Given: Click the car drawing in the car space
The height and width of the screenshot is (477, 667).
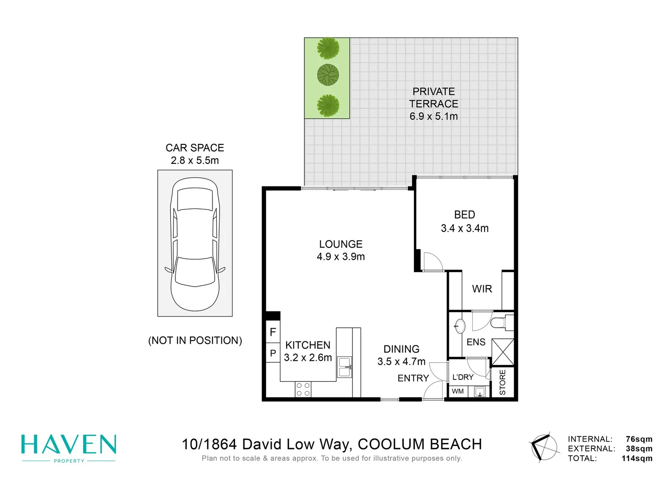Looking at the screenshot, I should pyautogui.click(x=195, y=244).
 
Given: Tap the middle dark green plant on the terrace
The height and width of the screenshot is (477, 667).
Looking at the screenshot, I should pyautogui.click(x=328, y=75).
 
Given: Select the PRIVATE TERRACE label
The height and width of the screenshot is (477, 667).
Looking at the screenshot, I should pyautogui.click(x=433, y=98).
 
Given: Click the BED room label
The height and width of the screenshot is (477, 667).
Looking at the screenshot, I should pyautogui.click(x=464, y=215).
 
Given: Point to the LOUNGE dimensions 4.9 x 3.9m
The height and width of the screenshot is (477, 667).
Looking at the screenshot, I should pyautogui.click(x=341, y=257).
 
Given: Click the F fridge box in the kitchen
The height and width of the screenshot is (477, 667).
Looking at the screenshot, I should pyautogui.click(x=273, y=332).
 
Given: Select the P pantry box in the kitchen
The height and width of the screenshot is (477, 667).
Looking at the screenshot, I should pyautogui.click(x=273, y=353).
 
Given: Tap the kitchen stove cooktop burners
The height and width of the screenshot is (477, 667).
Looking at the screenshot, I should pyautogui.click(x=303, y=390).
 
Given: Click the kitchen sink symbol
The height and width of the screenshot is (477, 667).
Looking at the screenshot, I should pyautogui.click(x=345, y=367).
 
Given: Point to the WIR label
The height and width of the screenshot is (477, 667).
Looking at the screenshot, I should pyautogui.click(x=481, y=289).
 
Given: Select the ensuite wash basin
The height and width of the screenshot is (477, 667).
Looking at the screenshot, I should pyautogui.click(x=460, y=326).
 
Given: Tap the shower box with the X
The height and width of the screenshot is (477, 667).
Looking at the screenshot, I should pyautogui.click(x=503, y=352).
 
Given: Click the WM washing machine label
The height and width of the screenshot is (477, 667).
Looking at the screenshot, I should pyautogui.click(x=458, y=391).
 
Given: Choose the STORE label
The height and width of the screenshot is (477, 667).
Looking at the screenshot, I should pyautogui.click(x=503, y=382).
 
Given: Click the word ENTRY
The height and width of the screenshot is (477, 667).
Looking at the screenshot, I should pyautogui.click(x=413, y=378).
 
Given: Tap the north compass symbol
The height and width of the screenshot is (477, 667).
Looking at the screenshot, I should pyautogui.click(x=543, y=447).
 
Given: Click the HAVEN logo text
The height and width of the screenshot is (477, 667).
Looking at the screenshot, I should pyautogui.click(x=69, y=445).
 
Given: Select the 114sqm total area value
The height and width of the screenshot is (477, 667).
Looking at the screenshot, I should pyautogui.click(x=637, y=458).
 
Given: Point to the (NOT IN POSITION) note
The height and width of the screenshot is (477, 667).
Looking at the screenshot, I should pyautogui.click(x=195, y=341).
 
